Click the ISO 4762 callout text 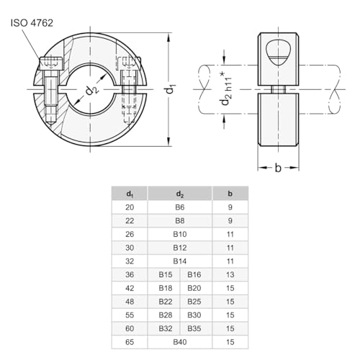[x=32, y=23]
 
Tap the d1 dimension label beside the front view [x=170, y=89]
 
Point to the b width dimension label [x=278, y=168]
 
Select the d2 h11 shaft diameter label [x=226, y=89]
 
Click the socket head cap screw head [x=51, y=63]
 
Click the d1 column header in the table [x=130, y=194]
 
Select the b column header [x=230, y=194]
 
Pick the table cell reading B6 [x=180, y=207]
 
